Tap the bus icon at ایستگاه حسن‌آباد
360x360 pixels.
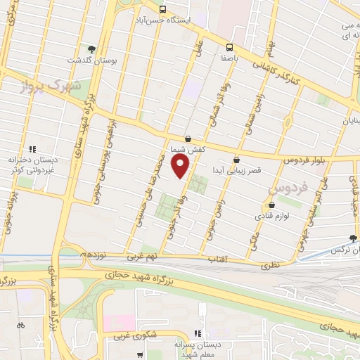162,10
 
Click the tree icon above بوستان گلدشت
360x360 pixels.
91,49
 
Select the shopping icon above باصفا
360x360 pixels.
229,47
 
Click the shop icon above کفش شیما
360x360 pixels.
187,139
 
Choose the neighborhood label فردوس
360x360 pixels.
289,188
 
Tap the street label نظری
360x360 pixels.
270,266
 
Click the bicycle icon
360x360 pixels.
20,326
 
